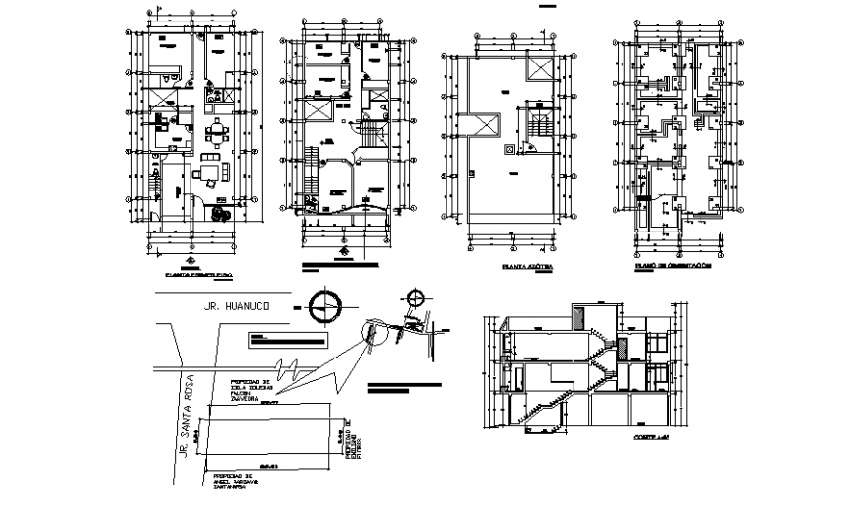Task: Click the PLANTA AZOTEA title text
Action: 527,266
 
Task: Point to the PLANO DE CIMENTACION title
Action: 673,265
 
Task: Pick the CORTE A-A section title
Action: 648,437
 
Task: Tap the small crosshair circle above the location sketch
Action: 417,299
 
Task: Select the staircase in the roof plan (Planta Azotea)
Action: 538,126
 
